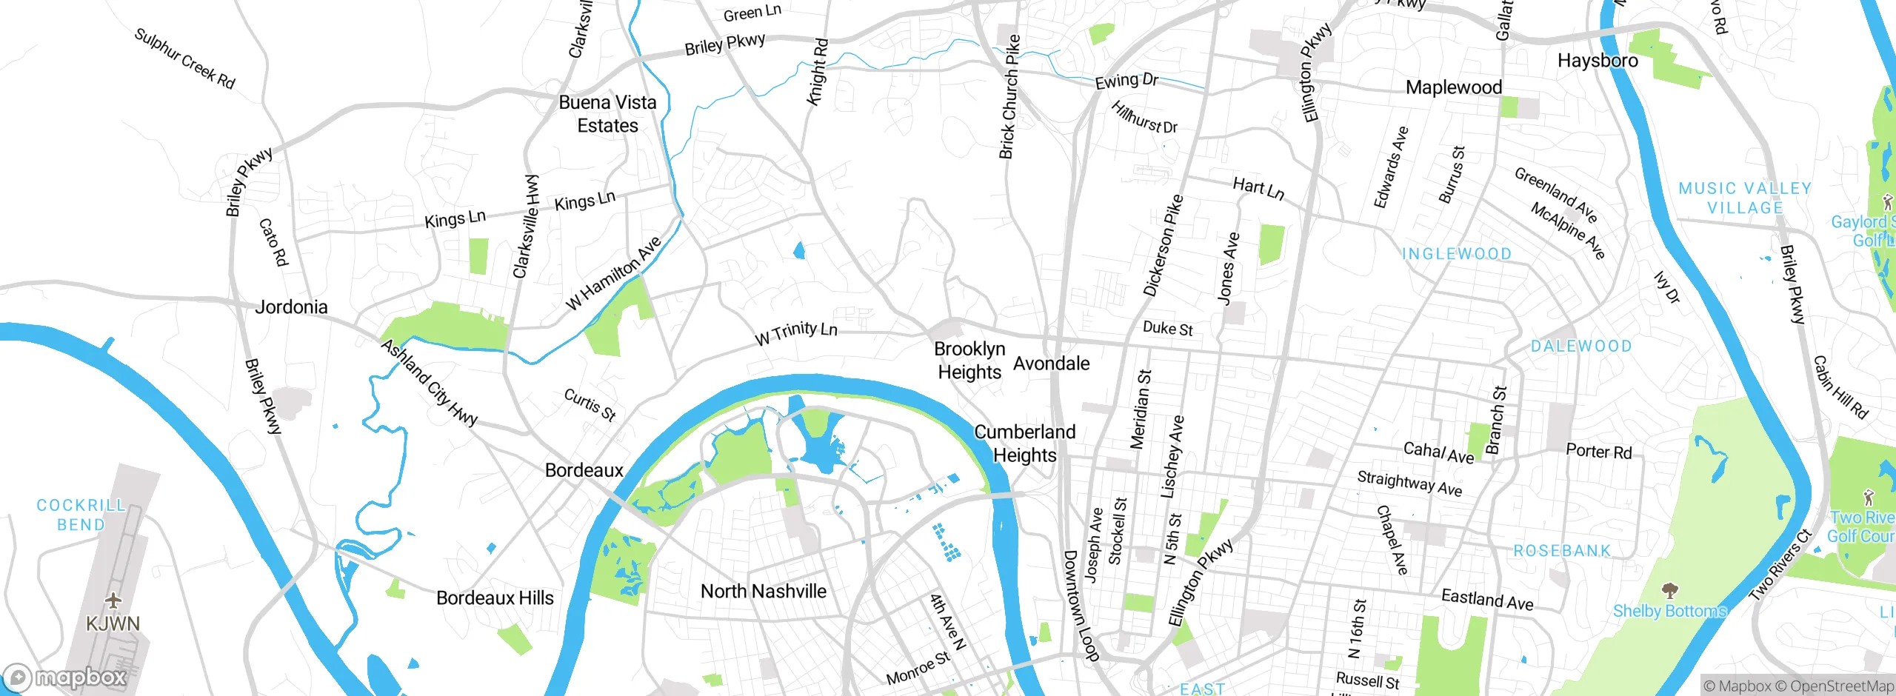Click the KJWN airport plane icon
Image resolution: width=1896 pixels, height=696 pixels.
point(113,599)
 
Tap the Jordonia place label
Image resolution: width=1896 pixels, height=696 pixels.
point(291,307)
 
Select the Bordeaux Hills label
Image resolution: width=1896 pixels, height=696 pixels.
point(495,598)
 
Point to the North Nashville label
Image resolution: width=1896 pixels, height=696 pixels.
point(764,591)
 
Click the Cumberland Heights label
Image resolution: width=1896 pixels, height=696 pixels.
point(1024,443)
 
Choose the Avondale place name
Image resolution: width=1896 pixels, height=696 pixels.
point(1051,364)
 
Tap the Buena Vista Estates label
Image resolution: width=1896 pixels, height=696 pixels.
point(607,114)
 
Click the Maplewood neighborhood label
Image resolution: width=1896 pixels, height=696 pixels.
point(1454,87)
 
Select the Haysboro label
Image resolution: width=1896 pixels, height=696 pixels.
point(1598,61)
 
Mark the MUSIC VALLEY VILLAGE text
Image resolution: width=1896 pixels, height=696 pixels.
point(1745,198)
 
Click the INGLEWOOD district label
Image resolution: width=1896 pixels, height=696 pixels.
point(1457,254)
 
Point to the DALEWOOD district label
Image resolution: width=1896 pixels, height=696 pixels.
point(1581,347)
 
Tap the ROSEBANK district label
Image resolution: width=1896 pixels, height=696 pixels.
point(1562,551)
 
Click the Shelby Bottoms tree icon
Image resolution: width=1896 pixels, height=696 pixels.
point(1669,590)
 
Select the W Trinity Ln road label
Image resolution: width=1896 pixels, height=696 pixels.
point(796,333)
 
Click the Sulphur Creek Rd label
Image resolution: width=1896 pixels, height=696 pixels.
point(184,58)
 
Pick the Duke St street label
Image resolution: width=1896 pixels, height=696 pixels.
point(1167,328)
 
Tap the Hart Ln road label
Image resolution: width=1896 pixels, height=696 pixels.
point(1258,188)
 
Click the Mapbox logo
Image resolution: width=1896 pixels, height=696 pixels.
point(65,677)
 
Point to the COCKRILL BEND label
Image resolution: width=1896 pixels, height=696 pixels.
point(81,515)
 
